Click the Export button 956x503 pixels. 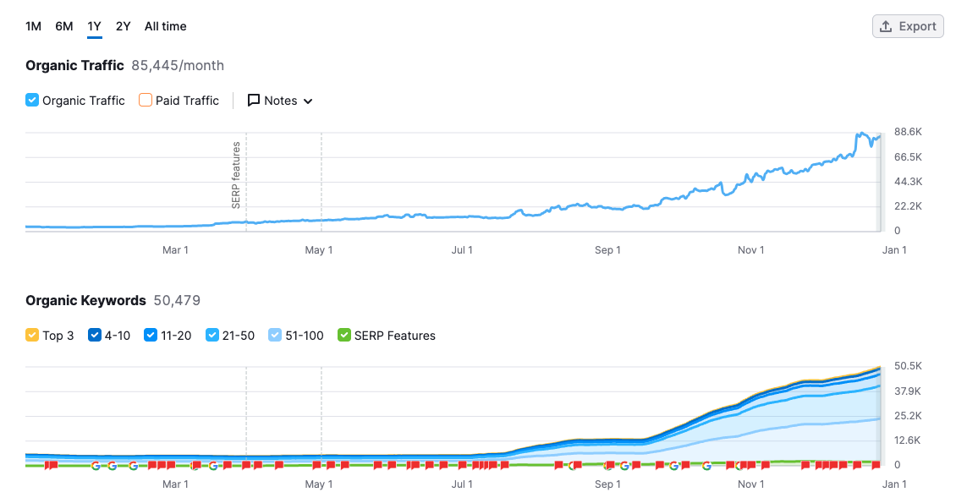point(908,26)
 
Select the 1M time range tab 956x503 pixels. point(33,26)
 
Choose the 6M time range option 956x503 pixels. point(64,26)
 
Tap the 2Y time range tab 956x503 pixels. point(124,26)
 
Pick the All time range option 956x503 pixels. point(165,26)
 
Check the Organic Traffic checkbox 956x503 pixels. point(32,101)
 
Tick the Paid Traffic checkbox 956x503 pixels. point(146,101)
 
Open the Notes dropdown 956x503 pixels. point(280,101)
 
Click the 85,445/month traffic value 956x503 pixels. point(178,65)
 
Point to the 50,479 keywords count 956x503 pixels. point(177,300)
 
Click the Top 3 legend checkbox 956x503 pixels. point(32,336)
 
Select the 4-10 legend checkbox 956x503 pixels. point(95,336)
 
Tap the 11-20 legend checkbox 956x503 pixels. point(151,336)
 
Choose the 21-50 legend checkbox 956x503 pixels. point(212,336)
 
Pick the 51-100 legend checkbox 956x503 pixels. point(274,336)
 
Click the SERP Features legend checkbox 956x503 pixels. point(343,336)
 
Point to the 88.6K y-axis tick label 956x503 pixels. point(908,132)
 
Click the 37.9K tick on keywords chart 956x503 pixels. point(907,391)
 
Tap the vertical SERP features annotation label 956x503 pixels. point(236,175)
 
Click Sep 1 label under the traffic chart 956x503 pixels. point(607,250)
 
